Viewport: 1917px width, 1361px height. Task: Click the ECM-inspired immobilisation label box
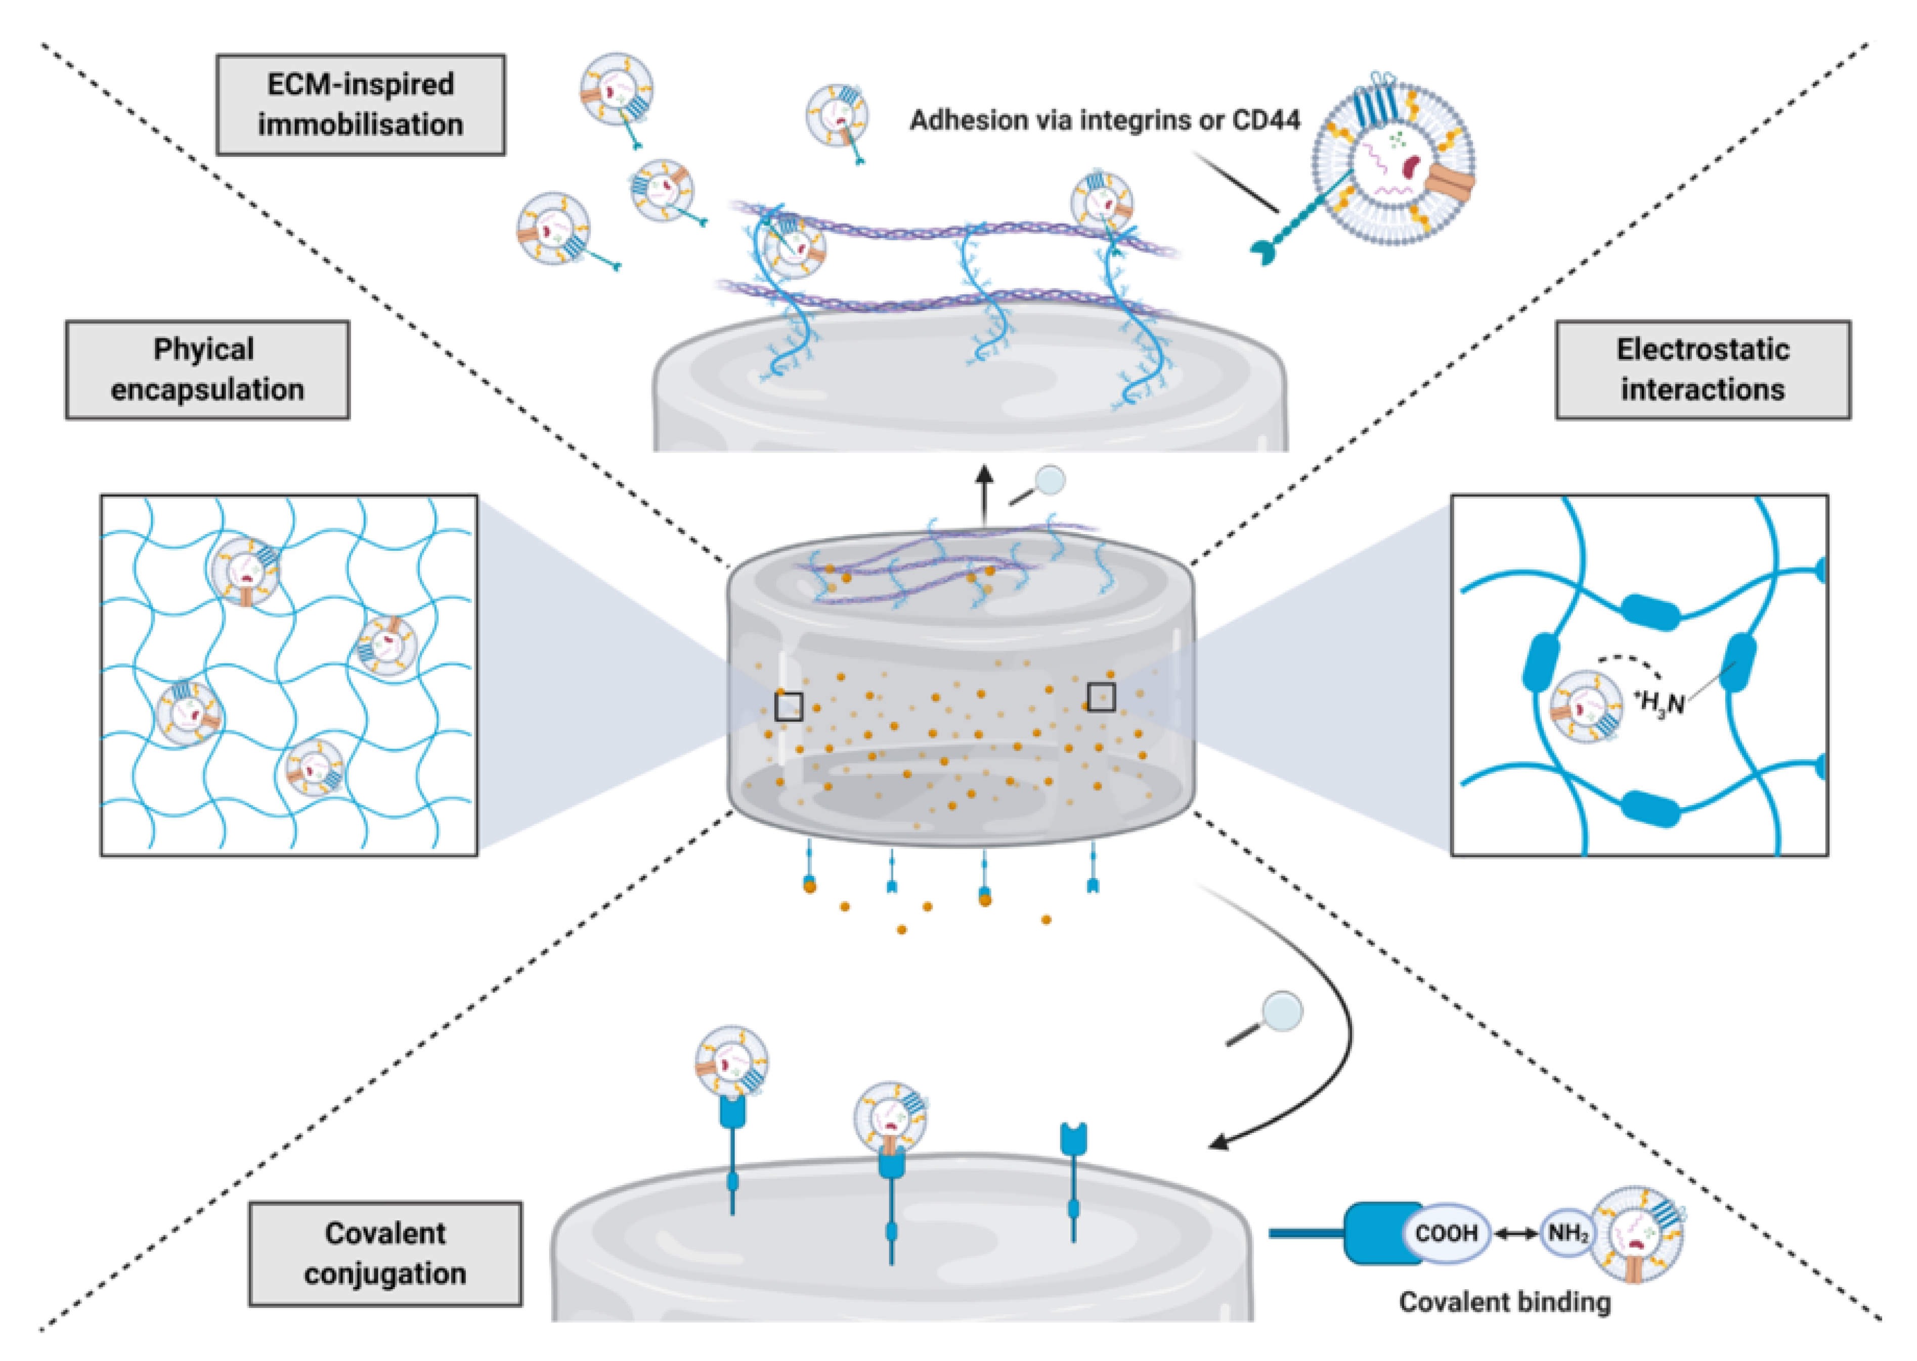(361, 105)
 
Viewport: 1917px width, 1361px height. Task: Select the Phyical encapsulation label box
(207, 370)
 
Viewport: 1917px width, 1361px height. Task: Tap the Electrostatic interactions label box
(1703, 370)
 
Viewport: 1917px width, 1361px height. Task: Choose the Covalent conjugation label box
(385, 1254)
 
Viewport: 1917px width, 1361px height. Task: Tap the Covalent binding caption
(1505, 1301)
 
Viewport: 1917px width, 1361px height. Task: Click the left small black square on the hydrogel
(789, 707)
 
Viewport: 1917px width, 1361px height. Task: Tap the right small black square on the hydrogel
(1102, 696)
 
